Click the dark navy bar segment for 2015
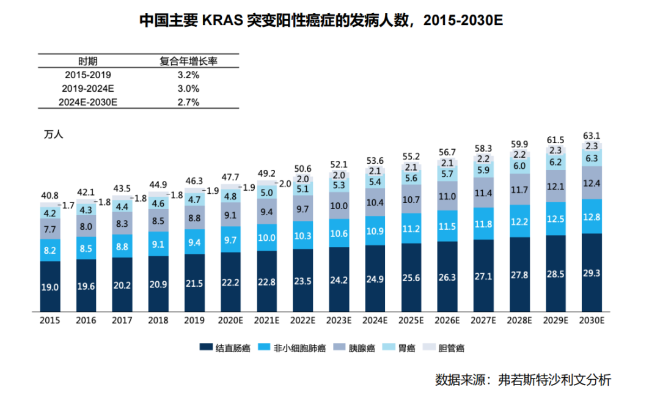click(x=50, y=287)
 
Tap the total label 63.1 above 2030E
click(x=591, y=136)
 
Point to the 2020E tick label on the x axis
click(x=230, y=320)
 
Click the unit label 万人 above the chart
click(x=54, y=134)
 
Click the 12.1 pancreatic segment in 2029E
click(x=555, y=186)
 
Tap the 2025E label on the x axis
click(x=411, y=320)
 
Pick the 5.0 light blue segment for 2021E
click(x=266, y=193)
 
